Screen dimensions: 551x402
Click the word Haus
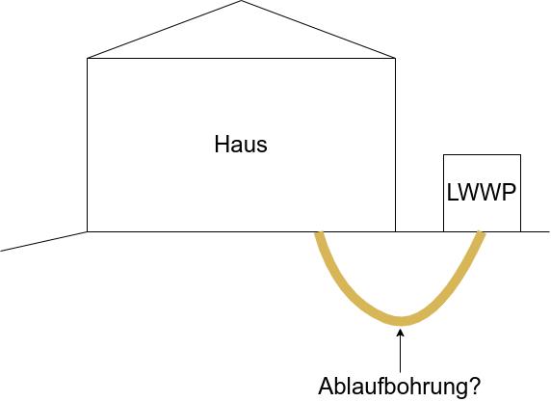click(x=241, y=145)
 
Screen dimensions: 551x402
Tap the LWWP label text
click(x=482, y=193)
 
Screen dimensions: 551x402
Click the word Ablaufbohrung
click(x=393, y=386)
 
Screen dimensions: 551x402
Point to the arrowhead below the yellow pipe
click(x=401, y=333)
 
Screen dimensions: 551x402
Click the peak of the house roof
click(x=241, y=1)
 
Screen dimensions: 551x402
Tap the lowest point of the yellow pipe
click(x=402, y=321)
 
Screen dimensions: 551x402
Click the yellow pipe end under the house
click(x=319, y=233)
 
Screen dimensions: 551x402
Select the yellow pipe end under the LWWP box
click(x=481, y=233)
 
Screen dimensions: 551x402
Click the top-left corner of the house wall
click(x=87, y=59)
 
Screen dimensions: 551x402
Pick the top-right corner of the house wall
click(x=395, y=59)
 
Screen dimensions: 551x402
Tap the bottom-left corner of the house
click(x=87, y=231)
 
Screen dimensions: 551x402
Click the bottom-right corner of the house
click(x=395, y=231)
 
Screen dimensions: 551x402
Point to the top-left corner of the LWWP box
click(x=444, y=155)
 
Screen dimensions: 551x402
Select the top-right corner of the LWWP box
click(x=520, y=155)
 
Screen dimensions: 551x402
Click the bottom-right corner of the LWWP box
click(x=520, y=231)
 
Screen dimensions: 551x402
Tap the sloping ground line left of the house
click(x=43, y=241)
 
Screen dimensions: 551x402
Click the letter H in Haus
click(x=222, y=145)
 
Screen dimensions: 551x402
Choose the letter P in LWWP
click(x=509, y=193)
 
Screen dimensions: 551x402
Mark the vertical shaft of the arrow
click(x=401, y=354)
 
